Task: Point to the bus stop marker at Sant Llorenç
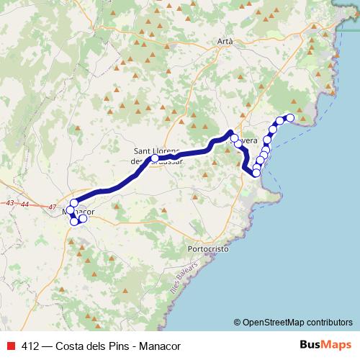pos(154,158)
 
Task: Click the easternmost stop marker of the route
pos(291,117)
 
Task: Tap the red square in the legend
pos(11,346)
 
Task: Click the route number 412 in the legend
pos(30,346)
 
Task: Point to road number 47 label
pos(53,207)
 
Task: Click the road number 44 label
pos(25,205)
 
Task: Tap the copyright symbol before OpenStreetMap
pos(238,322)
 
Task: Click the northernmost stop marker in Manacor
pos(74,204)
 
